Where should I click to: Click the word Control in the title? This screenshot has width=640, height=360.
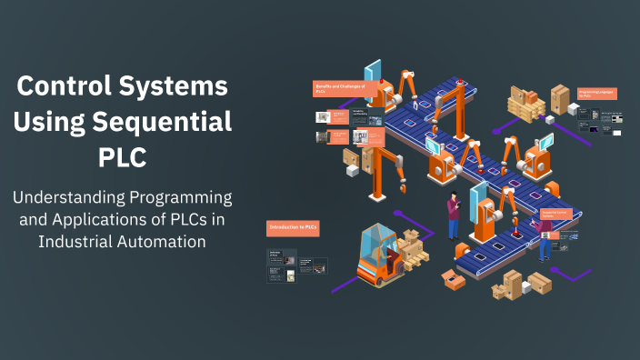pyautogui.click(x=63, y=87)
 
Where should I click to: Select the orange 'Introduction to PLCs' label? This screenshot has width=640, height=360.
pyautogui.click(x=293, y=227)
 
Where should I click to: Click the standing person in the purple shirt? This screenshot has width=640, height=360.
pyautogui.click(x=454, y=215)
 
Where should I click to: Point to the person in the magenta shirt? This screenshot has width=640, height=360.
pyautogui.click(x=544, y=239)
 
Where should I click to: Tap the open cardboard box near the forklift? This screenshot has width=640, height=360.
pyautogui.click(x=452, y=277)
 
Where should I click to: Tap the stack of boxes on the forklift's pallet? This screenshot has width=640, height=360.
pyautogui.click(x=413, y=245)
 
